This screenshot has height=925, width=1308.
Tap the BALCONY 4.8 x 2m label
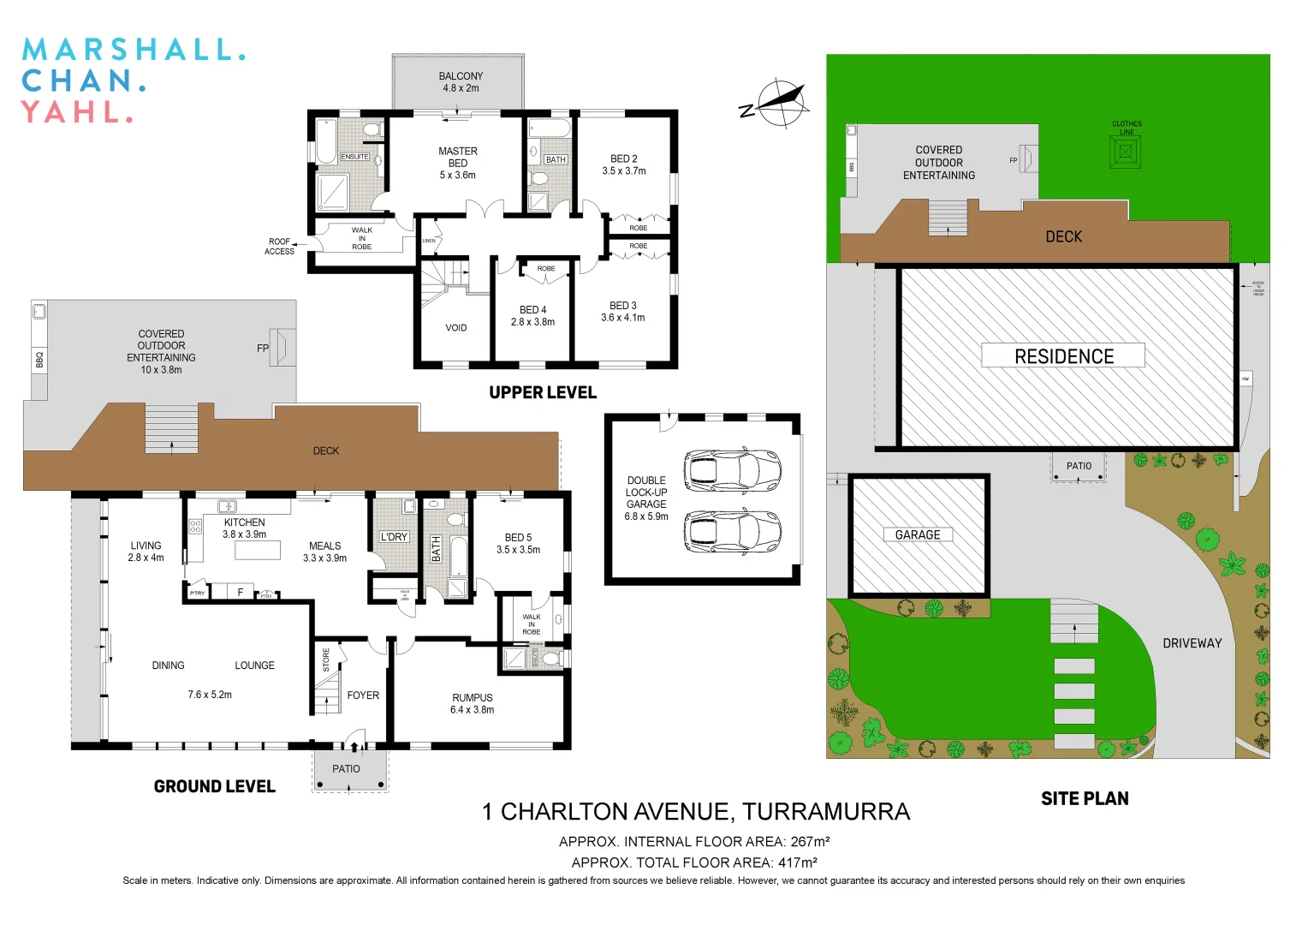point(461,82)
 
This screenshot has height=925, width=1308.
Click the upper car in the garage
point(732,469)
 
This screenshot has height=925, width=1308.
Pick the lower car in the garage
point(732,531)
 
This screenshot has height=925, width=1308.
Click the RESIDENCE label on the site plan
point(1063,356)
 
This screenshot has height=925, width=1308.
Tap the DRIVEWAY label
point(1192,643)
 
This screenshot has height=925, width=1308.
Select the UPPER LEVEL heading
point(543,393)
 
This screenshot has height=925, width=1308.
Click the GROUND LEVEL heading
point(214,786)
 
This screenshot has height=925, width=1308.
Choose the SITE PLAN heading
point(1085,799)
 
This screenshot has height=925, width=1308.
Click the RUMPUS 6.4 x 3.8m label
point(473,703)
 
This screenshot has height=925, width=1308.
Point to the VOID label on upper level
point(456,328)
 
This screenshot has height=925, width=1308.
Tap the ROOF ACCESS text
point(279,247)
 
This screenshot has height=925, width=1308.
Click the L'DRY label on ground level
point(394,537)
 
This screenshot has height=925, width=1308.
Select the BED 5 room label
point(518,544)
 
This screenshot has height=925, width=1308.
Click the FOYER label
point(363,695)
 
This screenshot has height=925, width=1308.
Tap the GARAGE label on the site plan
point(918,535)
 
